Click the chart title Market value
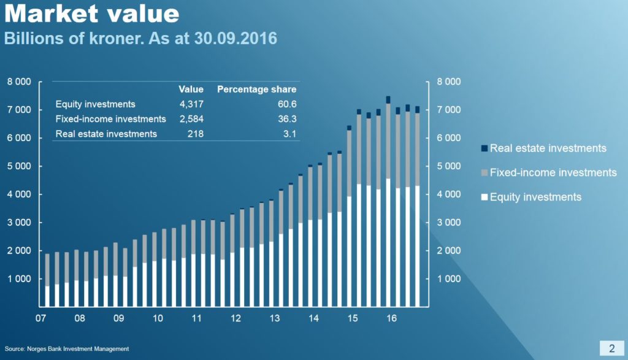[92, 13]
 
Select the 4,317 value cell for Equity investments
[191, 104]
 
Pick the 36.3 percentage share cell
[286, 119]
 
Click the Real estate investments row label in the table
[106, 134]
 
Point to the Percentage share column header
[256, 90]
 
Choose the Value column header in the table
[191, 90]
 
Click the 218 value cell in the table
[196, 134]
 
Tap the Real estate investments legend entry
[548, 148]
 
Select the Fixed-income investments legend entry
[553, 173]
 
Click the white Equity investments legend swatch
[484, 197]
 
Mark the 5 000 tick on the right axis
[448, 166]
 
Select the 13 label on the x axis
[275, 319]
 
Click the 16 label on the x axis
[392, 319]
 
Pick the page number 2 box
[611, 348]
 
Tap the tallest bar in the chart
[388, 202]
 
